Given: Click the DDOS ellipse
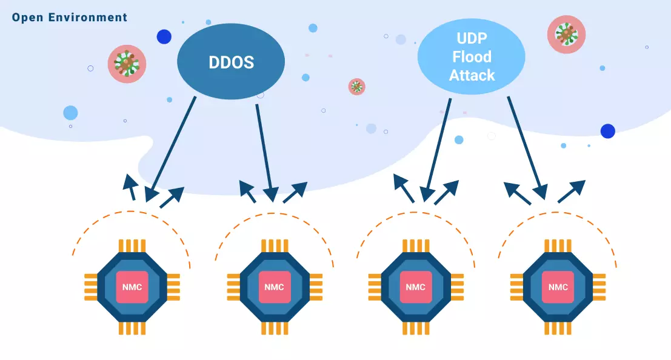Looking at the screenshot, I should click(x=230, y=62).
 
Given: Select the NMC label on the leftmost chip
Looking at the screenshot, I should click(x=132, y=287).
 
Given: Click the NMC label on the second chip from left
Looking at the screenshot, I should click(x=275, y=287).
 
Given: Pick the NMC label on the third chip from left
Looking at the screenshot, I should click(x=416, y=287).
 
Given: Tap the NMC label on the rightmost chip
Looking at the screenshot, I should click(x=558, y=287).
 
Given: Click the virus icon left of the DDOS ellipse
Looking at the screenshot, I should click(x=127, y=64).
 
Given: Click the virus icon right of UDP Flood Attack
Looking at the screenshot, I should click(x=566, y=35).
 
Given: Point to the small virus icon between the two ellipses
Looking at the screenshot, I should click(x=357, y=87).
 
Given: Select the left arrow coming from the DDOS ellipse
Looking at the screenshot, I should click(x=172, y=145).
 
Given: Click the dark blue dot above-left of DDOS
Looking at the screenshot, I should click(x=164, y=37).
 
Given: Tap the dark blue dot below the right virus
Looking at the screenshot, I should click(x=607, y=131).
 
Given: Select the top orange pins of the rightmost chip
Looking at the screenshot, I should click(x=558, y=245).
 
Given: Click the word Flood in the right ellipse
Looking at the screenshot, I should click(x=472, y=57).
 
